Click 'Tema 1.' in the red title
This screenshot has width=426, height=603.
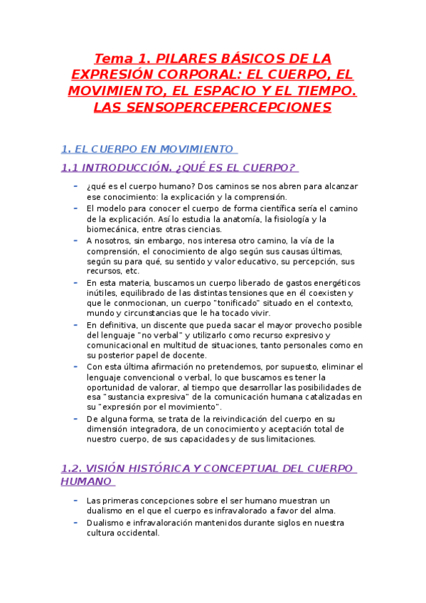(x=120, y=58)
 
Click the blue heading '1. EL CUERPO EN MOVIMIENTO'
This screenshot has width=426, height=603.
(x=148, y=149)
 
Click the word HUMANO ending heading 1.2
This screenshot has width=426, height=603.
(x=87, y=481)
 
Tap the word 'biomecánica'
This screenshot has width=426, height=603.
(x=110, y=229)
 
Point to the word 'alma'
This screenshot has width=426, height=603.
(x=325, y=511)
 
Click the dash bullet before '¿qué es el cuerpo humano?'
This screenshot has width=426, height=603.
(x=76, y=186)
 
